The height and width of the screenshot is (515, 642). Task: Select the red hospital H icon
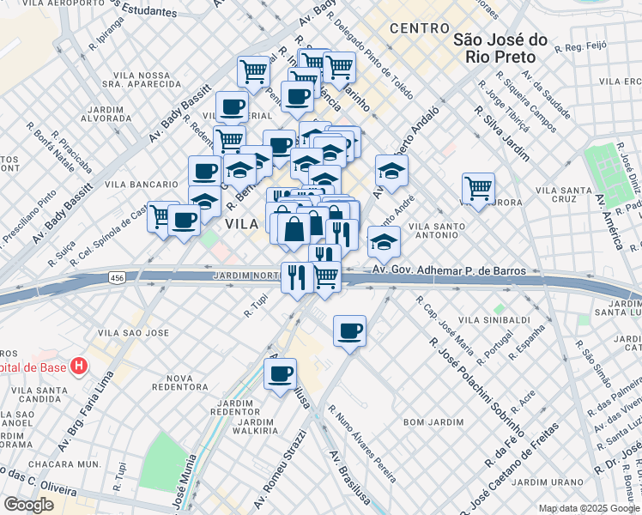point(80,367)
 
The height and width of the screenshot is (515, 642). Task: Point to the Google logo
point(28,505)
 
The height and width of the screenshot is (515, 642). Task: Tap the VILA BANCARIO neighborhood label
point(139,185)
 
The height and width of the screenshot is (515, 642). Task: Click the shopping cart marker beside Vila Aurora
point(478,188)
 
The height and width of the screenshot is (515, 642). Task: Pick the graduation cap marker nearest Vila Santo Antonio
point(384,242)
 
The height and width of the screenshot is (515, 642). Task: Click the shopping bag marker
point(294,229)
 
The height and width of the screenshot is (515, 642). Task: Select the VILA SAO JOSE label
point(131,332)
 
